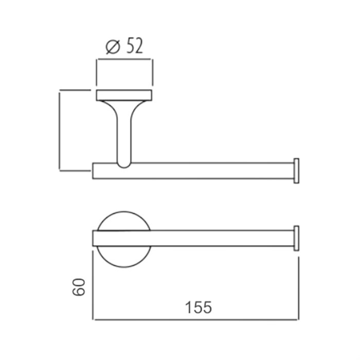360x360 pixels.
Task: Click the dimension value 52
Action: click(132, 47)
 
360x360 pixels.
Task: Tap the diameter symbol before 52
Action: click(113, 47)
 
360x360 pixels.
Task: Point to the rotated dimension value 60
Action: click(78, 287)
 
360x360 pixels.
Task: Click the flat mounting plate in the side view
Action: click(124, 95)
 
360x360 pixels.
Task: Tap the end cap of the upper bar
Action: click(296, 171)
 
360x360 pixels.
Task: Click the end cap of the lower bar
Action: click(296, 238)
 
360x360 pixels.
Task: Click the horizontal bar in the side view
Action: click(206, 171)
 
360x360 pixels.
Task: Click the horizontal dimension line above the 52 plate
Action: click(124, 59)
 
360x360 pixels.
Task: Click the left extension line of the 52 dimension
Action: click(96, 72)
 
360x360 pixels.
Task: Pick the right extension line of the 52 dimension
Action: click(152, 72)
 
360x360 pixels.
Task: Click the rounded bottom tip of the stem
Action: click(124, 165)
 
